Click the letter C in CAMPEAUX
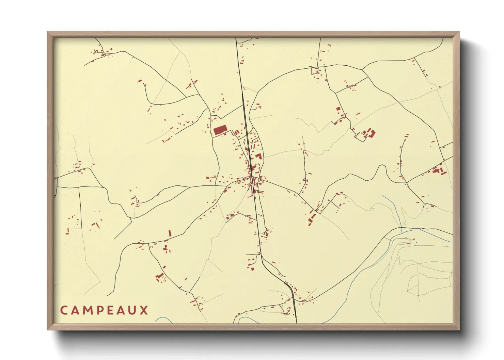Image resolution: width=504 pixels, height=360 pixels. click(64, 310)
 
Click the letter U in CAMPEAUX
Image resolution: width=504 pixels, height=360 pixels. click(133, 310)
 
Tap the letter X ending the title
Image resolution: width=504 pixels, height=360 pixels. click(144, 310)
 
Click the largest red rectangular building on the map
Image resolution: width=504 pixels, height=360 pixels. click(220, 130)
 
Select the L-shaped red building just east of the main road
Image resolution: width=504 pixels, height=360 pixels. click(259, 156)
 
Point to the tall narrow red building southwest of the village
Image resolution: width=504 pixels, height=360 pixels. click(170, 233)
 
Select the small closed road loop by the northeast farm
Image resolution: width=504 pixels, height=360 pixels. click(360, 137)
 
